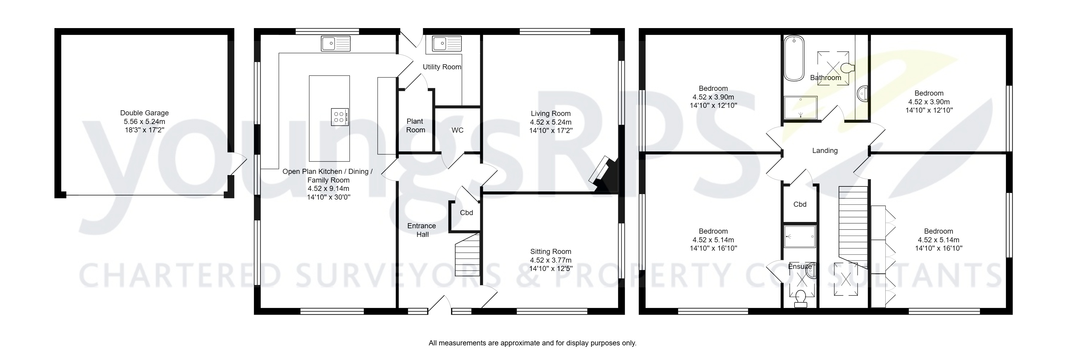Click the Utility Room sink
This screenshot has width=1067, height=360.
pyautogui.click(x=446, y=43)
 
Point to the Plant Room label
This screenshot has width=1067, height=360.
pyautogui.click(x=415, y=125)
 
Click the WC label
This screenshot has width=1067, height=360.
pyautogui.click(x=457, y=130)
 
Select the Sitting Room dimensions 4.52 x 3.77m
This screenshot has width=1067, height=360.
pyautogui.click(x=550, y=260)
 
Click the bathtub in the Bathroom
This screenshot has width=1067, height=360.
pyautogui.click(x=794, y=58)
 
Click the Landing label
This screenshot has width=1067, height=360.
pyautogui.click(x=825, y=151)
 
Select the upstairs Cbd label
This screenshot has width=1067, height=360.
pyautogui.click(x=800, y=204)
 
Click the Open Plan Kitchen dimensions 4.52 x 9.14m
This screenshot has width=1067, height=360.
pyautogui.click(x=328, y=189)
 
